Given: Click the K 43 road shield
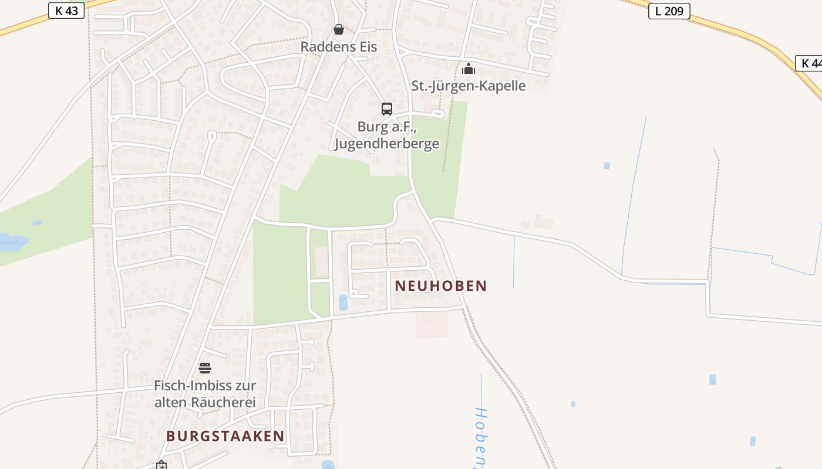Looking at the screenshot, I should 66,11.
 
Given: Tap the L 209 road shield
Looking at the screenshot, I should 669,11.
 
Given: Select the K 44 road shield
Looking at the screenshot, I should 810,63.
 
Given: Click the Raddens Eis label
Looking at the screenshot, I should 338,46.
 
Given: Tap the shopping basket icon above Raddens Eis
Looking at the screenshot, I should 339,29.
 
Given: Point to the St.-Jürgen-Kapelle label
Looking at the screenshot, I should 468,86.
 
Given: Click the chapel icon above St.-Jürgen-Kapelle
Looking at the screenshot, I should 468,69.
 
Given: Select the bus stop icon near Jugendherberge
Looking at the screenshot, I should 386,108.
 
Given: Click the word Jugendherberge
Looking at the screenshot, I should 386,143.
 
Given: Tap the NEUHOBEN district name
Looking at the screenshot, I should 441,286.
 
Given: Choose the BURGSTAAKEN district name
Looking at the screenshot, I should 225,436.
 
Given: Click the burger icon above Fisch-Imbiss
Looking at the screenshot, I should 204,368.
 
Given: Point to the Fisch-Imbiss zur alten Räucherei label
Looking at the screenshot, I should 204,394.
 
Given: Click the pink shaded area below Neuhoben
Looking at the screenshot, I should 432,325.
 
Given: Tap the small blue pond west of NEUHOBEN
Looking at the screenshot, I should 343,303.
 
